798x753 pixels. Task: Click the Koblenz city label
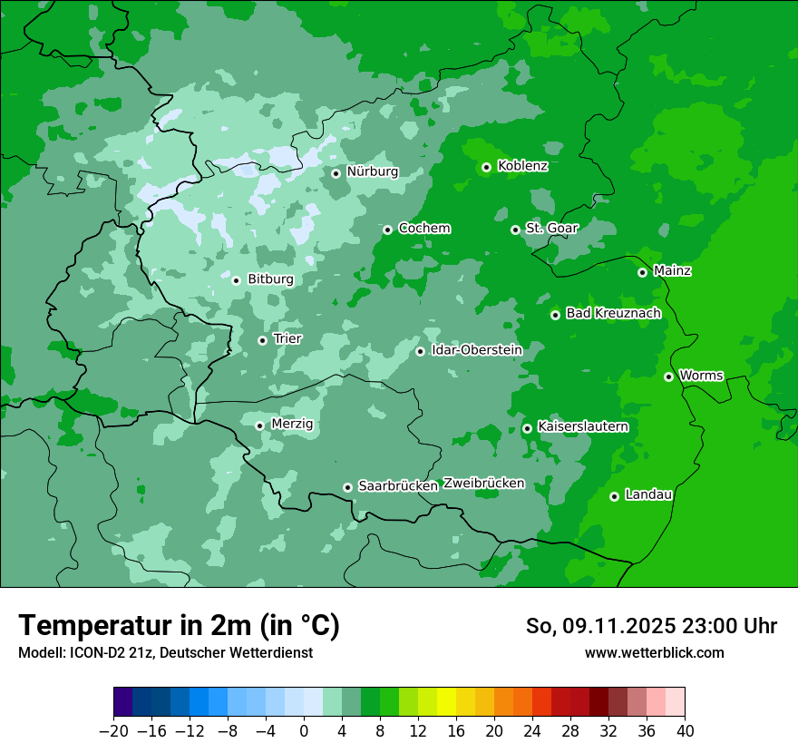pyautogui.click(x=522, y=166)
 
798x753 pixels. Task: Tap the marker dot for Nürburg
pyautogui.click(x=336, y=172)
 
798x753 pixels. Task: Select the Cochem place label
pyautogui.click(x=423, y=229)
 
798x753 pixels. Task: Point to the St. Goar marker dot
pyautogui.click(x=515, y=230)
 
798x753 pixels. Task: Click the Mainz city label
pyautogui.click(x=672, y=271)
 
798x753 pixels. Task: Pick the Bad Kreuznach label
pyautogui.click(x=613, y=314)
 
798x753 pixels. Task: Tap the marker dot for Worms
pyautogui.click(x=668, y=376)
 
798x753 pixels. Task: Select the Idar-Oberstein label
pyautogui.click(x=476, y=350)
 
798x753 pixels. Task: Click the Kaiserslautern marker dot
pyautogui.click(x=527, y=428)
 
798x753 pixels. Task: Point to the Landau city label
pyautogui.click(x=648, y=495)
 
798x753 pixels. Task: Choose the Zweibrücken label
pyautogui.click(x=483, y=484)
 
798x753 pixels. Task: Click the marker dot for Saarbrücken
pyautogui.click(x=347, y=487)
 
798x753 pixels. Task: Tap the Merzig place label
pyautogui.click(x=292, y=425)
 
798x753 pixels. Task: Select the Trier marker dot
pyautogui.click(x=262, y=340)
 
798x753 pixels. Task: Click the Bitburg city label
pyautogui.click(x=270, y=279)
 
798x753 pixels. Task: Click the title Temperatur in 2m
pyautogui.click(x=179, y=626)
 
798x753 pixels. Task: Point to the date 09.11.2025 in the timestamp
pyautogui.click(x=617, y=626)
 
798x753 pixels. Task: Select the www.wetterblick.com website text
pyautogui.click(x=654, y=653)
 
